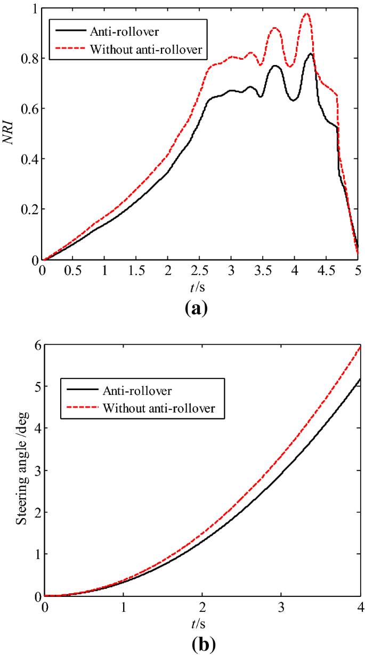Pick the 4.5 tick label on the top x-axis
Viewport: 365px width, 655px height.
(x=326, y=271)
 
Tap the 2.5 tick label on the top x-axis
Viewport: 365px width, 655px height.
(x=200, y=271)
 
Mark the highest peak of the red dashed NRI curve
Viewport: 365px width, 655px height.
(x=306, y=14)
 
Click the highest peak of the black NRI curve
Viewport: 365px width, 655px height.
(x=311, y=54)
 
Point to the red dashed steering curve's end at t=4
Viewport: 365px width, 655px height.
(x=360, y=347)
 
